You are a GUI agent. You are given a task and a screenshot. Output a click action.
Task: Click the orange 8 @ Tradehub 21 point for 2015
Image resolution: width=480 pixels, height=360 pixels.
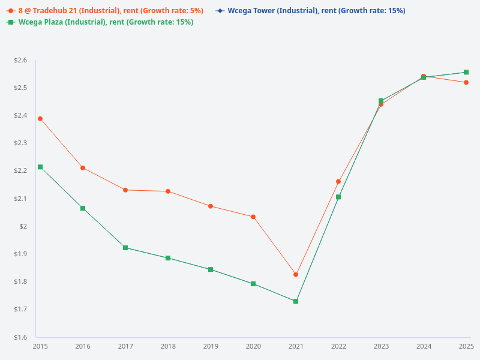tap(40, 119)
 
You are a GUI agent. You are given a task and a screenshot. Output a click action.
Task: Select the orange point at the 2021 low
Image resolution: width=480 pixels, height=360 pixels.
tap(296, 275)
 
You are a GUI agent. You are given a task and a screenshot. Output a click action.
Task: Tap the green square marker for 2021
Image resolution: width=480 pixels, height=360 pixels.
tap(296, 301)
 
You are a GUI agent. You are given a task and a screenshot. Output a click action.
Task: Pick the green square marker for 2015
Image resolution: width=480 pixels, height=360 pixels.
tap(40, 167)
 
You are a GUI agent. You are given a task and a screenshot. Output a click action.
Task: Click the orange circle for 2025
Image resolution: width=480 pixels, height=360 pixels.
tap(466, 82)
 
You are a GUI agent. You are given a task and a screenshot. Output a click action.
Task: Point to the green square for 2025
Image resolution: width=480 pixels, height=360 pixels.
tap(466, 72)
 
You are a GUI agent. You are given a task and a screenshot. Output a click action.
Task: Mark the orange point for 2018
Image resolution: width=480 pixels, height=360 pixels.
tap(168, 191)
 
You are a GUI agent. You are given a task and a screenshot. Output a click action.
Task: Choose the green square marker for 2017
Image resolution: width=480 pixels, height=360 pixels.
tap(125, 248)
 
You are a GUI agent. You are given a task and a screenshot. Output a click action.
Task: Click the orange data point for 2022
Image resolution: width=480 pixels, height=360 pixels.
tap(338, 181)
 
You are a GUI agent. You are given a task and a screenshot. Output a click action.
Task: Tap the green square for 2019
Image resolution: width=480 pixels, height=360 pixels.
tap(211, 269)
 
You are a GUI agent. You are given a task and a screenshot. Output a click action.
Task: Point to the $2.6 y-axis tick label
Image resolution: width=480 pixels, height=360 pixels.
tap(20, 61)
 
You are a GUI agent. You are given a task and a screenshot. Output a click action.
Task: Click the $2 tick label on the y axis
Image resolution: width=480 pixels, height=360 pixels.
tap(24, 226)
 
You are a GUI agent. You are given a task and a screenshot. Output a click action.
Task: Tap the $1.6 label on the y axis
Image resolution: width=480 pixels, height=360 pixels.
tap(20, 337)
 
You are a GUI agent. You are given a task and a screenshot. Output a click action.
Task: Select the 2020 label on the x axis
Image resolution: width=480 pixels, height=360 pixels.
tap(253, 346)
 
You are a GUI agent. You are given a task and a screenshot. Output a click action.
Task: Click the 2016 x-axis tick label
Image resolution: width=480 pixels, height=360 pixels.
tap(83, 346)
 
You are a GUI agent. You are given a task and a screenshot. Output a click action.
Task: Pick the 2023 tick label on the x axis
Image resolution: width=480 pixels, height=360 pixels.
tap(381, 346)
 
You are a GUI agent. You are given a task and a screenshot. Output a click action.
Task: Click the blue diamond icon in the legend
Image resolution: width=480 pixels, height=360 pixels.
tap(221, 11)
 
